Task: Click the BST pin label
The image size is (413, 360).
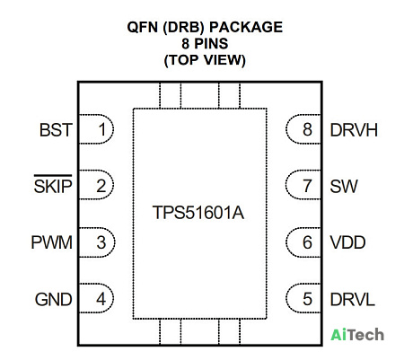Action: (x=56, y=130)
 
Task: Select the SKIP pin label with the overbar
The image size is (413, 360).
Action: (x=53, y=184)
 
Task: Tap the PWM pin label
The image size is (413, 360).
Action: (x=52, y=242)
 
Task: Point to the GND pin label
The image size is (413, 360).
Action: (x=54, y=299)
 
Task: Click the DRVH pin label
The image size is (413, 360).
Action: (x=354, y=130)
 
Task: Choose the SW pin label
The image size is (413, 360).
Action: (x=344, y=186)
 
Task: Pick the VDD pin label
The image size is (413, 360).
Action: (x=347, y=242)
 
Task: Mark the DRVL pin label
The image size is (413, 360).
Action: (x=352, y=299)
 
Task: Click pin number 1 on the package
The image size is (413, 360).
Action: (x=102, y=129)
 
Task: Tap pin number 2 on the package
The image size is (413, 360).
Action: (x=101, y=186)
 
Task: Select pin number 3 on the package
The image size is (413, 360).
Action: (x=101, y=242)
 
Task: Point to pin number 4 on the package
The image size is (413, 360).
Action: (x=101, y=299)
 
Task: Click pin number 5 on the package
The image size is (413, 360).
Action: (x=307, y=299)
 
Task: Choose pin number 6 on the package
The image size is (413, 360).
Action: (x=307, y=242)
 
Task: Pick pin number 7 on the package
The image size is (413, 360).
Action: (x=307, y=186)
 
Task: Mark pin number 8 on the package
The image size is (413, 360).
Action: (x=307, y=129)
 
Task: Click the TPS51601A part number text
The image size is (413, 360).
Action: (x=198, y=213)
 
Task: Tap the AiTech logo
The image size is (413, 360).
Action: (x=357, y=335)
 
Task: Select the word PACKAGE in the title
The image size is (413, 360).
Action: (x=246, y=27)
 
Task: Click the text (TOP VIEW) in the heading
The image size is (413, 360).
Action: (x=205, y=60)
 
